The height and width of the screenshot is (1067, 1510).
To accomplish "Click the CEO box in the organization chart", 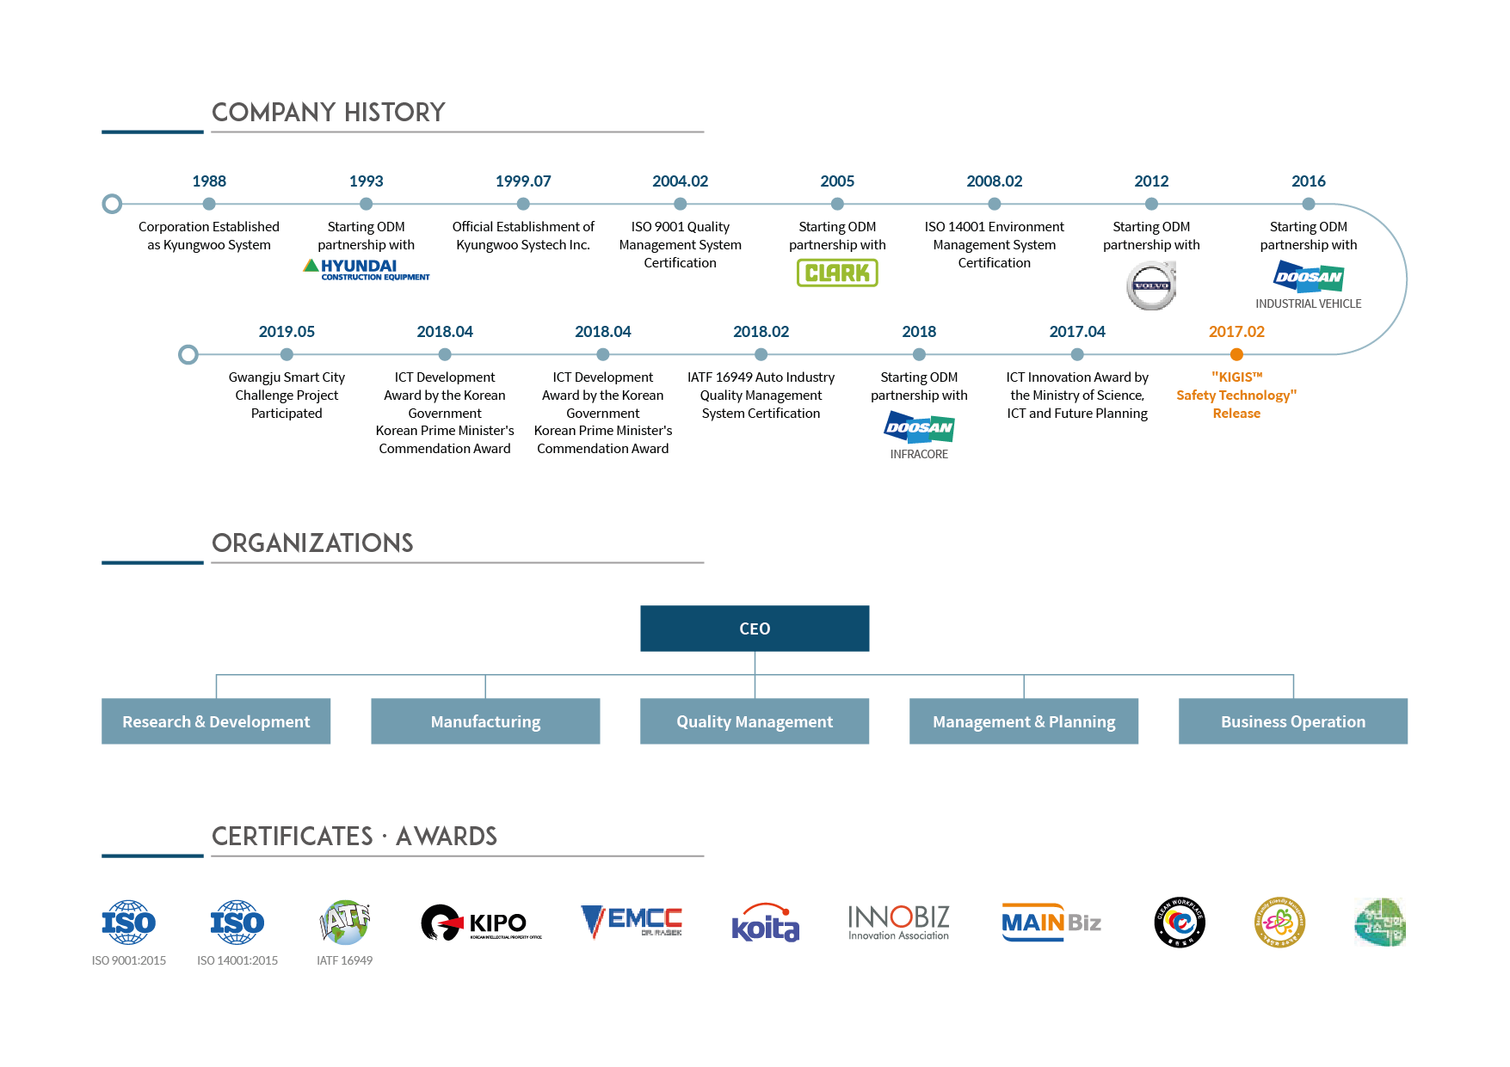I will [x=755, y=629].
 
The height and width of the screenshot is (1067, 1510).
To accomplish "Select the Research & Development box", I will [x=216, y=721].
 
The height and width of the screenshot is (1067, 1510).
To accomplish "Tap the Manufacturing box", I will [x=485, y=721].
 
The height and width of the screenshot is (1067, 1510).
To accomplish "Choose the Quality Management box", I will [x=755, y=721].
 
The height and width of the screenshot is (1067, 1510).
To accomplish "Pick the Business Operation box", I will [x=1293, y=721].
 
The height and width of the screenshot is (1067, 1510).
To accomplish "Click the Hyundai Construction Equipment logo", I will [x=366, y=269].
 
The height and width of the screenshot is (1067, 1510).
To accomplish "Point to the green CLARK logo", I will [x=837, y=273].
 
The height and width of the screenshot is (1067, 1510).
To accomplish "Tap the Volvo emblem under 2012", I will [x=1151, y=285].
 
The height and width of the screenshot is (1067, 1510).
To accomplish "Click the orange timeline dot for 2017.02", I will [x=1236, y=354].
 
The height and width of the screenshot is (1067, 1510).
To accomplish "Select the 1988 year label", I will [x=209, y=181].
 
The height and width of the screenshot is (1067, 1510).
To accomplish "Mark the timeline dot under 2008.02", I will [x=995, y=204].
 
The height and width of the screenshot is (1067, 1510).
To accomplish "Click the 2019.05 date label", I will [x=287, y=332].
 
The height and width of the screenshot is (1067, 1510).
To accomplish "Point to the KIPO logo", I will [x=481, y=923].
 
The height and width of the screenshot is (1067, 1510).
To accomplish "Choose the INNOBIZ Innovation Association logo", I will [x=898, y=923].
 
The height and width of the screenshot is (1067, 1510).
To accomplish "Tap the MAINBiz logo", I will [x=1051, y=923].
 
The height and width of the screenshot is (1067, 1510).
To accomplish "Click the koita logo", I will [x=765, y=923].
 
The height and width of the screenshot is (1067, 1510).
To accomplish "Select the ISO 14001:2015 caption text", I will [x=237, y=960].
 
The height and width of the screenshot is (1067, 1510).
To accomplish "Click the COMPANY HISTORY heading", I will [x=329, y=113].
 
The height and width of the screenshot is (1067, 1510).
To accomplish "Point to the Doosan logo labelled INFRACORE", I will [x=919, y=427].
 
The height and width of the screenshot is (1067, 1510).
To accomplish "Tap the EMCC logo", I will [x=632, y=922].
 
